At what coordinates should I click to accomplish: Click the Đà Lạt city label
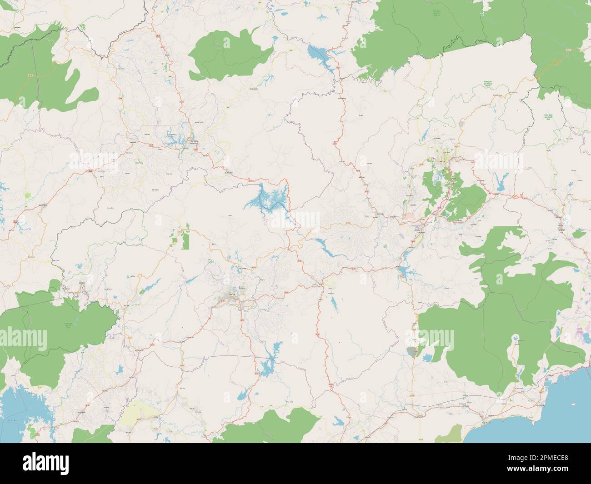click(x=442, y=160)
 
